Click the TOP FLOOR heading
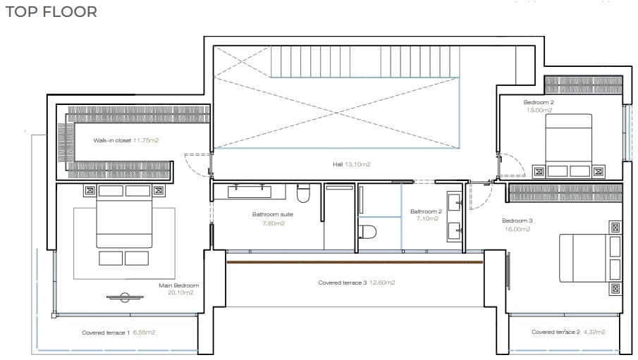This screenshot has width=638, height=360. click(x=51, y=12)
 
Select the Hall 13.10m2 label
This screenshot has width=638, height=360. click(x=351, y=164)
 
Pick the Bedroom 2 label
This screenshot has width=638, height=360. click(x=539, y=102)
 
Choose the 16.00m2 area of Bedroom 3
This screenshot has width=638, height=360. click(x=517, y=229)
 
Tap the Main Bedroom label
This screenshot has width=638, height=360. click(x=179, y=285)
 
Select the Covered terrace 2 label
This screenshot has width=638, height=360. click(x=556, y=332)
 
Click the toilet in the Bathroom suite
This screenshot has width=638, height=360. click(x=304, y=193)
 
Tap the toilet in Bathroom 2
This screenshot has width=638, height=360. click(x=367, y=231)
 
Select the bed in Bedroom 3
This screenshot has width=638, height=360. click(x=587, y=257)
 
